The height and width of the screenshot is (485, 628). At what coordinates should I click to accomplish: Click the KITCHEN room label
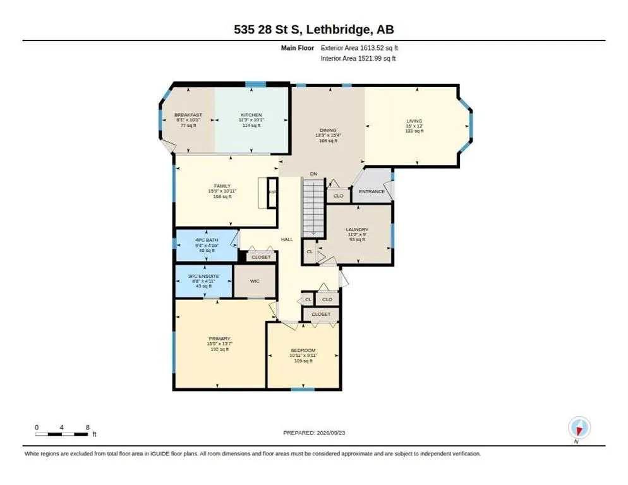point(251,115)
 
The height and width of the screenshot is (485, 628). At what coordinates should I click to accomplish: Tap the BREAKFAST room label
point(188,115)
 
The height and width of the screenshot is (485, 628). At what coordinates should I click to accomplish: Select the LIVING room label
point(414,121)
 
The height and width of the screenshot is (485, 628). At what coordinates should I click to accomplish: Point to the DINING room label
point(328,130)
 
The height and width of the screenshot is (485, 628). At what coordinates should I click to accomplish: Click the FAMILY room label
point(222,186)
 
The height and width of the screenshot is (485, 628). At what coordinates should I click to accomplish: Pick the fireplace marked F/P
point(272,193)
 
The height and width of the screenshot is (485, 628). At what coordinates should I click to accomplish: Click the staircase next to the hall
point(313,208)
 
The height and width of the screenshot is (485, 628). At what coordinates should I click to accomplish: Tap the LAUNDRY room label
point(357,229)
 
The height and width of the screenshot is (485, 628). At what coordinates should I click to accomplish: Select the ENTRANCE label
point(371,191)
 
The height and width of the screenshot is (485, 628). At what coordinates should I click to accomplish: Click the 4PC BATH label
point(207,240)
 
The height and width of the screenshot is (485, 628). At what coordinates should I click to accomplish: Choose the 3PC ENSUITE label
point(203,276)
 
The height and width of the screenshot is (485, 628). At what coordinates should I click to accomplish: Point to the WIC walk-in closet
point(255,281)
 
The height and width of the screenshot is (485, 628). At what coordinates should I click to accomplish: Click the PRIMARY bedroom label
point(219,338)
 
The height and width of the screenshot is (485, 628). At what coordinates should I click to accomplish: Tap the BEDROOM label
point(303,350)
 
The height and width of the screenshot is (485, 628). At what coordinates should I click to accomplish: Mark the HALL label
point(287,239)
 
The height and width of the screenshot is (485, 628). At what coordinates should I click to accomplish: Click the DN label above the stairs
point(313,174)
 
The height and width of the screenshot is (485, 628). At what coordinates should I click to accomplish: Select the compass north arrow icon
point(579,428)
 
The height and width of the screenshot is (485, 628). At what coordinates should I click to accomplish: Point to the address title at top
point(314,29)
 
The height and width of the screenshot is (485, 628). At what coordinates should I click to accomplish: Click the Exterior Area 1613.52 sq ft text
point(359,47)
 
